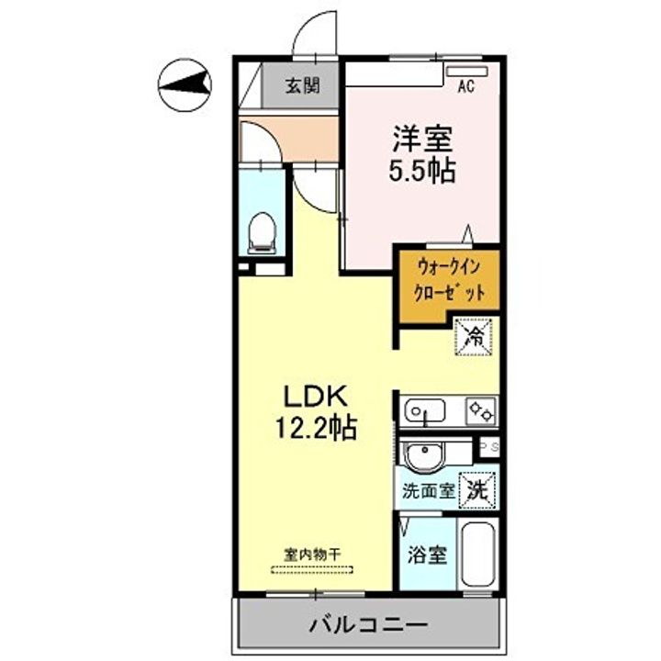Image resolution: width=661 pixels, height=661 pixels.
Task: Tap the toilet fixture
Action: coord(263,233)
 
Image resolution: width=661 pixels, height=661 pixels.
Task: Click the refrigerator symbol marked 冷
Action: coord(475,335)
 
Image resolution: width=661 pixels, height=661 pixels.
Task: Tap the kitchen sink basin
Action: coord(425,410)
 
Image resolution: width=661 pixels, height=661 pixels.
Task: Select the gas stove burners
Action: coord(479,410)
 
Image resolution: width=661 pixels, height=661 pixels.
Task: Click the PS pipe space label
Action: coord(488,447)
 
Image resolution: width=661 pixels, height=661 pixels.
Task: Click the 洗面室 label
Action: coord(428,489)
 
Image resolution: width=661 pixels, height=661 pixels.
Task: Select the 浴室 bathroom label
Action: coord(427,555)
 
